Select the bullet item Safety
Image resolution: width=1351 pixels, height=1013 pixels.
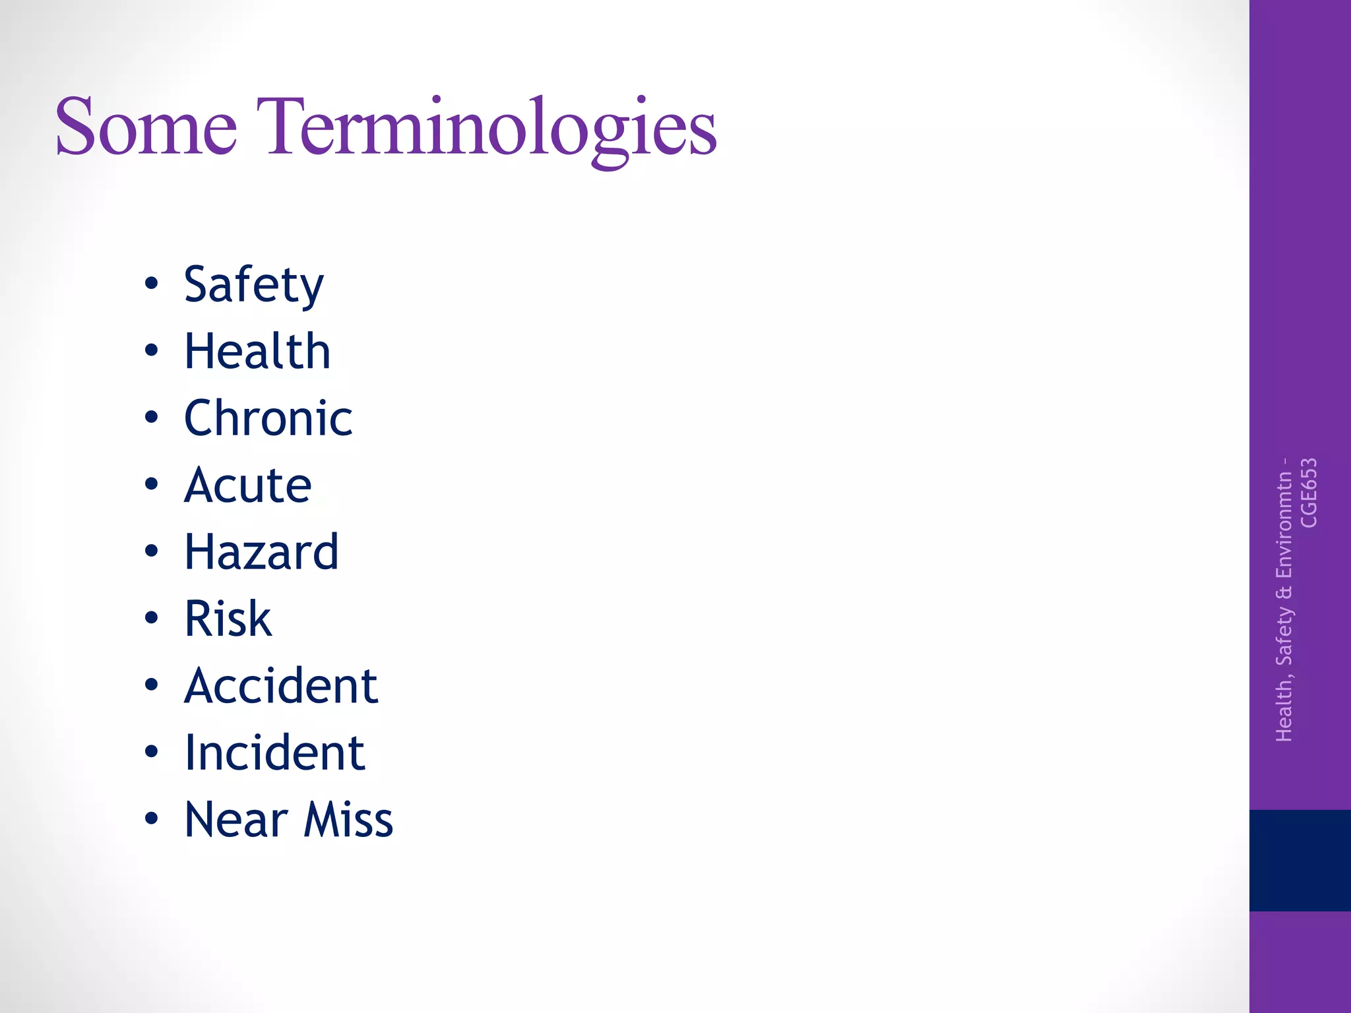click(254, 285)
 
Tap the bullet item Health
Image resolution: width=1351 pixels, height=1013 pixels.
click(257, 351)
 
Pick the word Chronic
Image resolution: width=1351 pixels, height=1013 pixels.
click(268, 418)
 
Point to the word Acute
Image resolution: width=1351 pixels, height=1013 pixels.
click(248, 485)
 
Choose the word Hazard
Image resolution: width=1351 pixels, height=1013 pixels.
click(262, 552)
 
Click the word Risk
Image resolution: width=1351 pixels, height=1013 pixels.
click(228, 619)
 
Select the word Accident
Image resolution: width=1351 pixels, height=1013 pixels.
click(281, 686)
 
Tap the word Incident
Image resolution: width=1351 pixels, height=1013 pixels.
click(274, 752)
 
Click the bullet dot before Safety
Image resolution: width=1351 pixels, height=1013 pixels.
click(152, 284)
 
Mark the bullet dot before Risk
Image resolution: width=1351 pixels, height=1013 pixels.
click(152, 618)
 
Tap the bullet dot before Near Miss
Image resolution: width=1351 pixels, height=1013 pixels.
click(152, 818)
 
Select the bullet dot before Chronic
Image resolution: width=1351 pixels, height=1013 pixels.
click(152, 417)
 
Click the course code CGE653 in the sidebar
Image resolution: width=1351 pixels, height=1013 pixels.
click(1309, 493)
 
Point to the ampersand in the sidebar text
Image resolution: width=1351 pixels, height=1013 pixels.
click(1284, 592)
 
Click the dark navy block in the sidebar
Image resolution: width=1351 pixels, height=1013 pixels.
click(1300, 860)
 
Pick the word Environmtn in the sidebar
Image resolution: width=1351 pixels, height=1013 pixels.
click(1284, 524)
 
